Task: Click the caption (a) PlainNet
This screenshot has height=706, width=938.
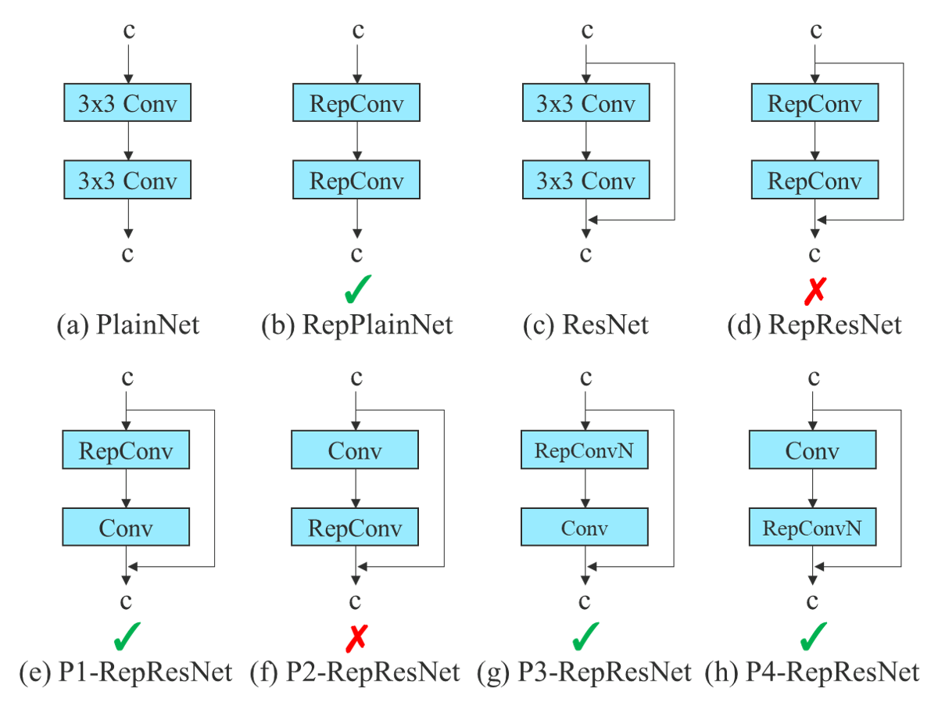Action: [128, 324]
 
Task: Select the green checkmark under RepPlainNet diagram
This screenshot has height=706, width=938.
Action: [357, 288]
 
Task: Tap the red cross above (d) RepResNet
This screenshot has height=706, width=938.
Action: [815, 291]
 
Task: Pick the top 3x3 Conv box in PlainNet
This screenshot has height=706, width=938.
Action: [127, 104]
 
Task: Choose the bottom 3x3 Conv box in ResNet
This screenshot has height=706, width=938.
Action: [585, 181]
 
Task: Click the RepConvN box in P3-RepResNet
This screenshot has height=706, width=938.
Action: [584, 450]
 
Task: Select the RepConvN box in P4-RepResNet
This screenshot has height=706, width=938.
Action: [812, 528]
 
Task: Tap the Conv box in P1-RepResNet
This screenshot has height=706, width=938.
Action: [126, 528]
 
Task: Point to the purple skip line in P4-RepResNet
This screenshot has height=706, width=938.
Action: [903, 489]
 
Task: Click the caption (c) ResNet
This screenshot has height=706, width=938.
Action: [585, 324]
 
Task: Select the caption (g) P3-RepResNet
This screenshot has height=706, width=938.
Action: [585, 672]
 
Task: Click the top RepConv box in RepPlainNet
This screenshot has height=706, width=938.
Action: [356, 104]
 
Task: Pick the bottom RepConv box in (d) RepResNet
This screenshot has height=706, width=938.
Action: [814, 181]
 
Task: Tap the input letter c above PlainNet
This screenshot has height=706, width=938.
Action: [128, 31]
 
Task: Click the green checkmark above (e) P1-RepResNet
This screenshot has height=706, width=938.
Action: [127, 636]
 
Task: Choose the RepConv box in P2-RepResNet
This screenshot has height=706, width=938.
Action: [355, 528]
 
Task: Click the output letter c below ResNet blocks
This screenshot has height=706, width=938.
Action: [585, 254]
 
